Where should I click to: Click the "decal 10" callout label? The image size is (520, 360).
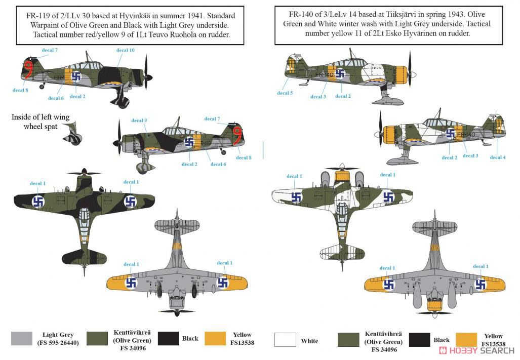(x=126, y=50)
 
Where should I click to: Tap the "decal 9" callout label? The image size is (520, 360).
(x=139, y=121)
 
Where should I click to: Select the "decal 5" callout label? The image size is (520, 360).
(x=285, y=93)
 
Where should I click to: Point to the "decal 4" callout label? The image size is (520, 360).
(x=498, y=157)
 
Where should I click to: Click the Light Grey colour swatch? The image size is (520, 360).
(x=22, y=339)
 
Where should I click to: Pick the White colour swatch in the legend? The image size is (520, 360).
(x=285, y=340)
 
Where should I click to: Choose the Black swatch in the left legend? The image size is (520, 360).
(x=168, y=339)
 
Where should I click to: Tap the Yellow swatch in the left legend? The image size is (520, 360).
(x=216, y=339)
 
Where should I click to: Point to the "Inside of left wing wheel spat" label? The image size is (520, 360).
(x=41, y=122)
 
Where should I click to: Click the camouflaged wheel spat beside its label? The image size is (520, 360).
(x=73, y=134)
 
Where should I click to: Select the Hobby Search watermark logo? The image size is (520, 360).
(x=476, y=351)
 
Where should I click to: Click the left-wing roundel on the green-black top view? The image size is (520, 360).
(x=38, y=201)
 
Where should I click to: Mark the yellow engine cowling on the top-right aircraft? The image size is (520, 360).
(x=401, y=75)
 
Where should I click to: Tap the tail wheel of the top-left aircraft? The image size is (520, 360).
(x=42, y=87)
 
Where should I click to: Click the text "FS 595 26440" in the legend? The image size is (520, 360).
(x=58, y=343)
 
